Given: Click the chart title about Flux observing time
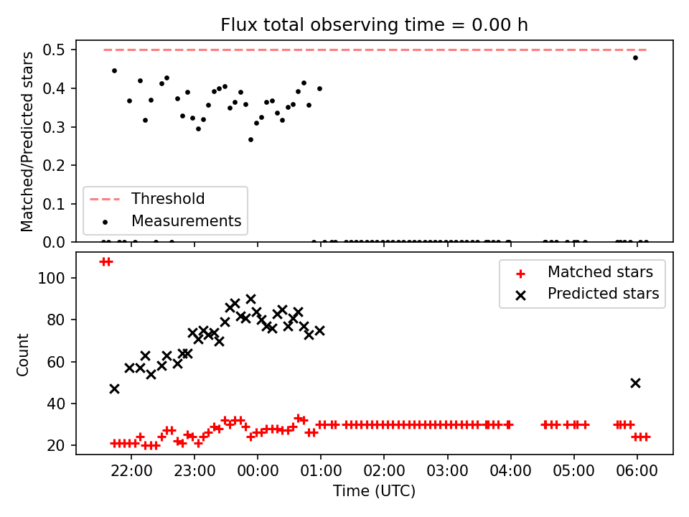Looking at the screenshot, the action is [x=374, y=25].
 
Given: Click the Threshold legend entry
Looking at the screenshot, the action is [x=146, y=199].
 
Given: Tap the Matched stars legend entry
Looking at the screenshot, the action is [x=584, y=272].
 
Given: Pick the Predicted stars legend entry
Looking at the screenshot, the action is [x=587, y=294].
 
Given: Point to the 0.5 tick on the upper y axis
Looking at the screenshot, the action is [x=54, y=50].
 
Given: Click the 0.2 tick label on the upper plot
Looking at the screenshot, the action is [x=54, y=165].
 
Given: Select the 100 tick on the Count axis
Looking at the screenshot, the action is [x=51, y=279].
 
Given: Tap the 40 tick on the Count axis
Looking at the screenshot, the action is [x=56, y=404].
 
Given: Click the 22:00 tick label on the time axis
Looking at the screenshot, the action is [x=131, y=471].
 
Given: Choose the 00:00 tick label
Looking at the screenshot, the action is [x=258, y=471].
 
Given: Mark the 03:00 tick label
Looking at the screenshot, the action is [x=448, y=471].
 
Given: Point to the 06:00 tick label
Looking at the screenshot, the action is [x=637, y=471].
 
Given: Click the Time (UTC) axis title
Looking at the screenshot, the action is [x=375, y=490].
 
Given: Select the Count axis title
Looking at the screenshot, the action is [x=22, y=355].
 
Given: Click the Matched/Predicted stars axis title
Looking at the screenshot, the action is [x=27, y=141].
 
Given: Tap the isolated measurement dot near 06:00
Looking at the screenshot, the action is [x=635, y=57].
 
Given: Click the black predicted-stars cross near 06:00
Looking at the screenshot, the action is [x=635, y=383].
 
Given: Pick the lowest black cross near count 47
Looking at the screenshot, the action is [x=114, y=389].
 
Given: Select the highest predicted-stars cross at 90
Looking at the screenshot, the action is [x=251, y=299].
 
